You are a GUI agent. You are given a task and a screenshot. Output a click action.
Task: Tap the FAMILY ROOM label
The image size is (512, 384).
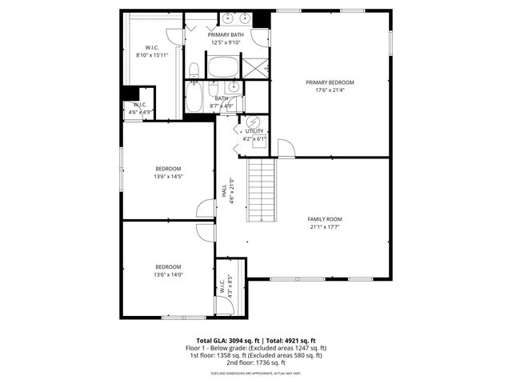coord(325,218)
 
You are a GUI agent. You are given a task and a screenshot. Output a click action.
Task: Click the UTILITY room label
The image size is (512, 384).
coord(254,130)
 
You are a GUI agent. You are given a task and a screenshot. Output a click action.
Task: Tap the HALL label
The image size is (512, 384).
coord(224,192)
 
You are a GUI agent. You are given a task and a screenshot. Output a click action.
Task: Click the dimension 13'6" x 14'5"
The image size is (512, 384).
coord(168,176)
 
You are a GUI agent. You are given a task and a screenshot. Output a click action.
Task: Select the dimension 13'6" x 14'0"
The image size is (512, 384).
coord(168,274)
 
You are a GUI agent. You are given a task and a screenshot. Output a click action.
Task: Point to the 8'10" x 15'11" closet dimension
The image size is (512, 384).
coord(150,55)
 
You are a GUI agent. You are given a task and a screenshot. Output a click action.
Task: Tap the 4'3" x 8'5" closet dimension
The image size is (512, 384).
coord(230,286)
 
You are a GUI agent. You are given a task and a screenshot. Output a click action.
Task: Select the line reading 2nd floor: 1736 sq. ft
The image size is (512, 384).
coord(256,362)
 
